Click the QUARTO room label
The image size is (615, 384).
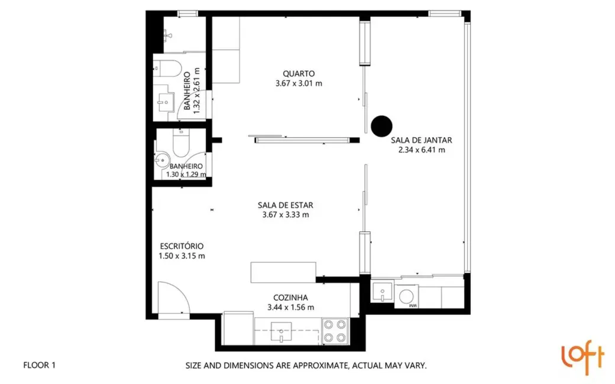(x=298, y=73)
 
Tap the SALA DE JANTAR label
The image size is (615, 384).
(x=421, y=141)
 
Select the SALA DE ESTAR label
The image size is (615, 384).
(x=285, y=205)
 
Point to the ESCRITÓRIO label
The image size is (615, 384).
(x=182, y=246)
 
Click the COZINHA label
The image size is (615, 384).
(x=290, y=298)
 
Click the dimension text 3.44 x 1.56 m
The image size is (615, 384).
(x=290, y=307)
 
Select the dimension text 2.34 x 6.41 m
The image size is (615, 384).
(x=421, y=150)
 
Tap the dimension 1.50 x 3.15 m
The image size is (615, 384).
(x=182, y=256)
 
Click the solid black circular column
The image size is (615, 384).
(x=381, y=125)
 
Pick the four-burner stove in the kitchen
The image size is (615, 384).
(x=335, y=331)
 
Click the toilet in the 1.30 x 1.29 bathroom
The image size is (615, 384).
(x=180, y=141)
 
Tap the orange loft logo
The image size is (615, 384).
(x=582, y=358)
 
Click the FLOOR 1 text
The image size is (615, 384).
(x=39, y=366)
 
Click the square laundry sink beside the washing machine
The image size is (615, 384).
(x=383, y=292)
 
